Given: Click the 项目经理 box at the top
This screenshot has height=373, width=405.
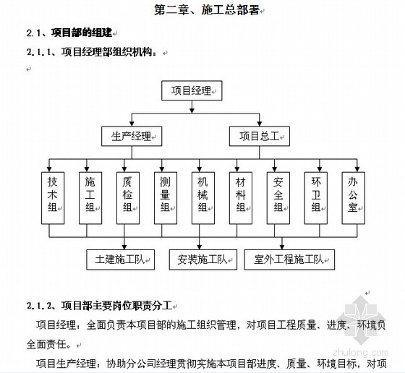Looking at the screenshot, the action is tap(192, 90).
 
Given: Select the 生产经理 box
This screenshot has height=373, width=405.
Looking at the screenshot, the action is tap(132, 137).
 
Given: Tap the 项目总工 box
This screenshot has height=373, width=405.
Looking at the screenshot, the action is tap(260, 137).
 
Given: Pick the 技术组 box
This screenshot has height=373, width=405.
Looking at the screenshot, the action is tap(53, 198).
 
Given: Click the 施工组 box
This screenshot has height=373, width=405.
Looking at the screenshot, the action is tap(90, 198).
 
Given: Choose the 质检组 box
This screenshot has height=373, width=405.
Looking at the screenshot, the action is tap(128, 198).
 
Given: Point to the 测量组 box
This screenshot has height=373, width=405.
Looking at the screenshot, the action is tap(166, 198).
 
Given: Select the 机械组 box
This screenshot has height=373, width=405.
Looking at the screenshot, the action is tap(203, 198).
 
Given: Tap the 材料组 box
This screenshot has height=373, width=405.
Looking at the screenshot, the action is tap(241, 198).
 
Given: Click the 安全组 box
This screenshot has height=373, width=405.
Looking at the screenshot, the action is tap(278, 198).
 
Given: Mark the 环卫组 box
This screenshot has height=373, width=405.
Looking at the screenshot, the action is tap(316, 198).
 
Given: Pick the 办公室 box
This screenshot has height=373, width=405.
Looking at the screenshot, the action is tap(354, 198).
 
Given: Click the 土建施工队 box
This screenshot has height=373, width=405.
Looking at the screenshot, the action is tap(120, 260).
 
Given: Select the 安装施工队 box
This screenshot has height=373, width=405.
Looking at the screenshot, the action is tap(203, 260).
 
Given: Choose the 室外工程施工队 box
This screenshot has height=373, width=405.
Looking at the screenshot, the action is tap(289, 260).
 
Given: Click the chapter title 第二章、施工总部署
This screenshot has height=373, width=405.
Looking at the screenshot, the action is tap(207, 10).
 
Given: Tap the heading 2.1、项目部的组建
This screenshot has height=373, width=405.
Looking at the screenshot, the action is tap(69, 33).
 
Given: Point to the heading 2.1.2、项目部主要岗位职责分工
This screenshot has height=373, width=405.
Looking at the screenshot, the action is tap(99, 306).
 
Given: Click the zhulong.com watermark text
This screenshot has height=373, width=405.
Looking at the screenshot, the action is tap(361, 353).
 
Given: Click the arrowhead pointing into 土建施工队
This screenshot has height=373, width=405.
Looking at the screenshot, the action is tap(124, 246).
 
